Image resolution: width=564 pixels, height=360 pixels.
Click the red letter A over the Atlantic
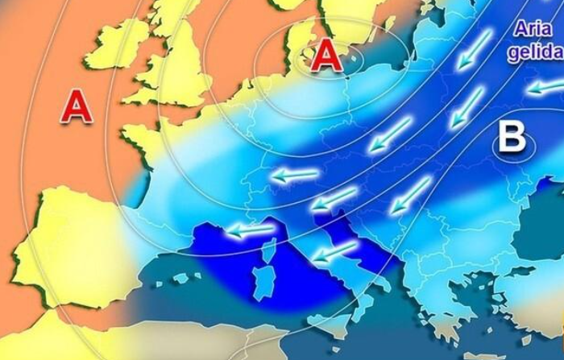pos(77,106)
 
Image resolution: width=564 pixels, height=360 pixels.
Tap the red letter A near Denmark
pos(326,56)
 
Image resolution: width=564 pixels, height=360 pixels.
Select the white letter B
pos(512,138)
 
